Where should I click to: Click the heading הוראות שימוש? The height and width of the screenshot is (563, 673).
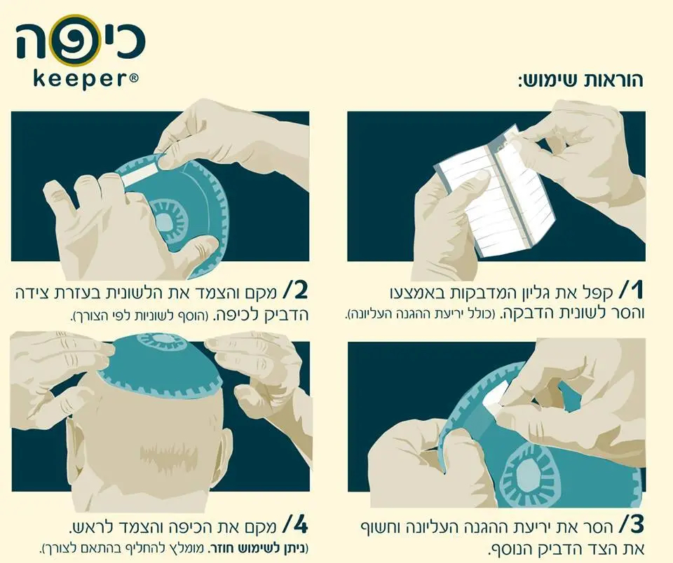click(x=580, y=81)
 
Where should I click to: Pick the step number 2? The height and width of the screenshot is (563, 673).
click(x=296, y=291)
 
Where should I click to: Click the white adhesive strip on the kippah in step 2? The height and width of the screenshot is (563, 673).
click(x=140, y=175)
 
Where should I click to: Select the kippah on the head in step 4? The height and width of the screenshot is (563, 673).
click(x=160, y=364)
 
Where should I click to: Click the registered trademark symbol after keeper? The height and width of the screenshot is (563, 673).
click(x=134, y=78)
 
